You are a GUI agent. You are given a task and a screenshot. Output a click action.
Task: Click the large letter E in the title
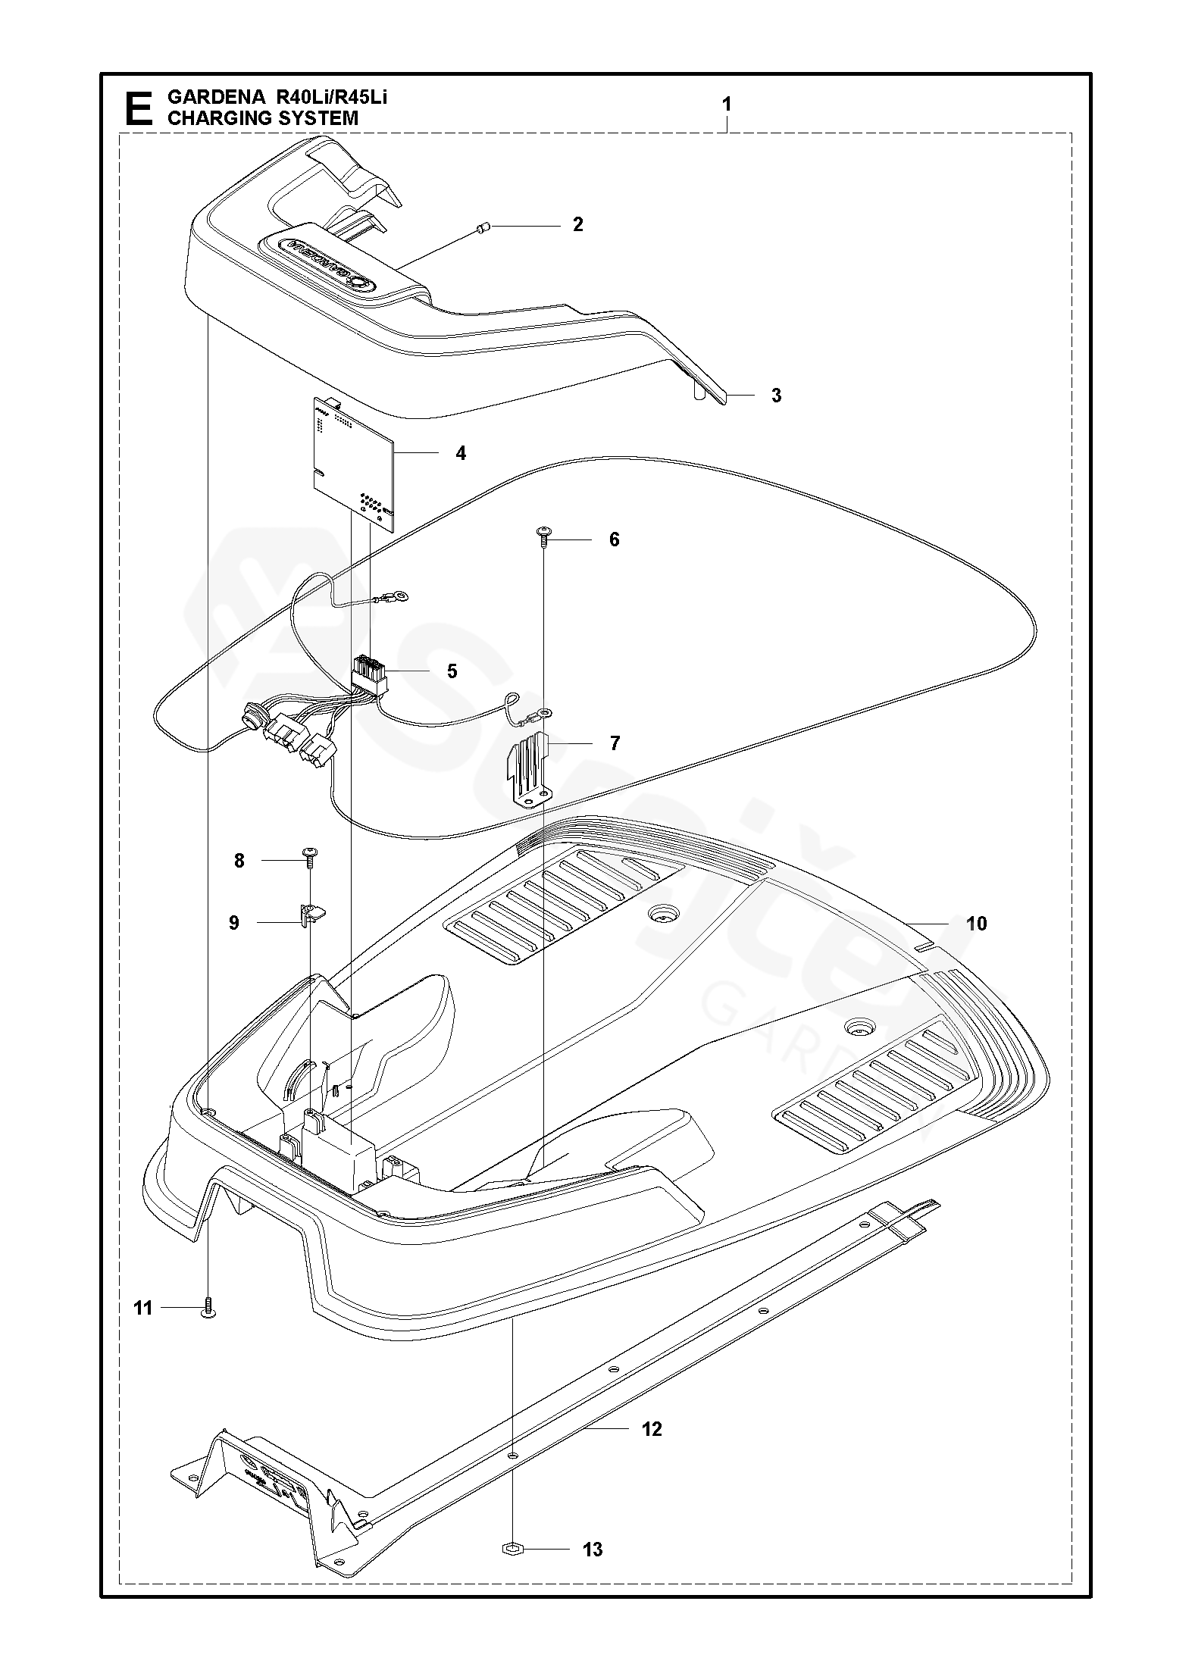(x=137, y=108)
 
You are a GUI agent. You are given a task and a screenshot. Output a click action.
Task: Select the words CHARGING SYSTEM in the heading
(x=262, y=118)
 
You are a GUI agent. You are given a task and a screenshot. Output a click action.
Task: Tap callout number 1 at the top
(x=727, y=105)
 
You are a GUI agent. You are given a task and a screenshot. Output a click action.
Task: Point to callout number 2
(x=577, y=224)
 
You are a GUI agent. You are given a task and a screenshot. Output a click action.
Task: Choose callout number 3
(x=776, y=396)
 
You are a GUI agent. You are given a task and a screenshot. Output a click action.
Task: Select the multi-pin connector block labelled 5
(x=369, y=673)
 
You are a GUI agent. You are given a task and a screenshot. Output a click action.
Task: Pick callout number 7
(x=615, y=743)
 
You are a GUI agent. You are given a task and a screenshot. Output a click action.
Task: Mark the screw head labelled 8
(x=311, y=853)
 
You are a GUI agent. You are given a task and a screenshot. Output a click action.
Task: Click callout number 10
(x=977, y=924)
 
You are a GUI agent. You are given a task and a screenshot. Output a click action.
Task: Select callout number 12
(x=652, y=1429)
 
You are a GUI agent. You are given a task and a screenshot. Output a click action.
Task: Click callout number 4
(x=461, y=453)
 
